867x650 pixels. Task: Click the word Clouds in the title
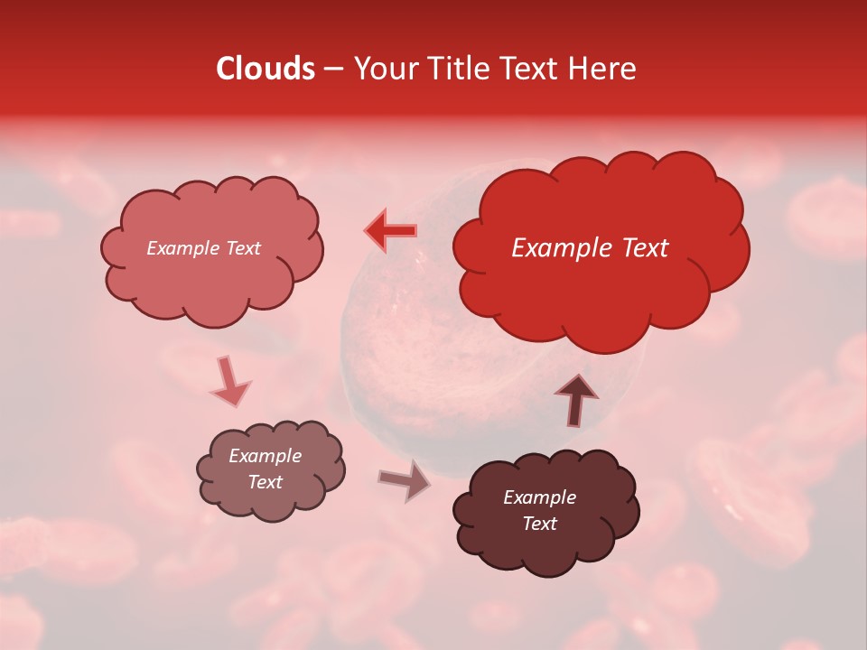click(266, 69)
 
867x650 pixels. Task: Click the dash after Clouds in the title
click(333, 70)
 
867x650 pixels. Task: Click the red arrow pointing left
click(390, 231)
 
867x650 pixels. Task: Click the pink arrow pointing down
click(229, 381)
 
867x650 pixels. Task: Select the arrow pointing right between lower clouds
click(405, 480)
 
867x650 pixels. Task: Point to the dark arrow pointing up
click(575, 398)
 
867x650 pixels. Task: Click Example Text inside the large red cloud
click(590, 248)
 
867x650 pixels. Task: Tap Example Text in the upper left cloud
click(203, 248)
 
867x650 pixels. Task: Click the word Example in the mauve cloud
click(265, 456)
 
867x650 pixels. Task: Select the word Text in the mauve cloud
click(265, 482)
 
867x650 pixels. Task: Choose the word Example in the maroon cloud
click(539, 497)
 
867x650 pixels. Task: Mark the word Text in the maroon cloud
click(539, 524)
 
